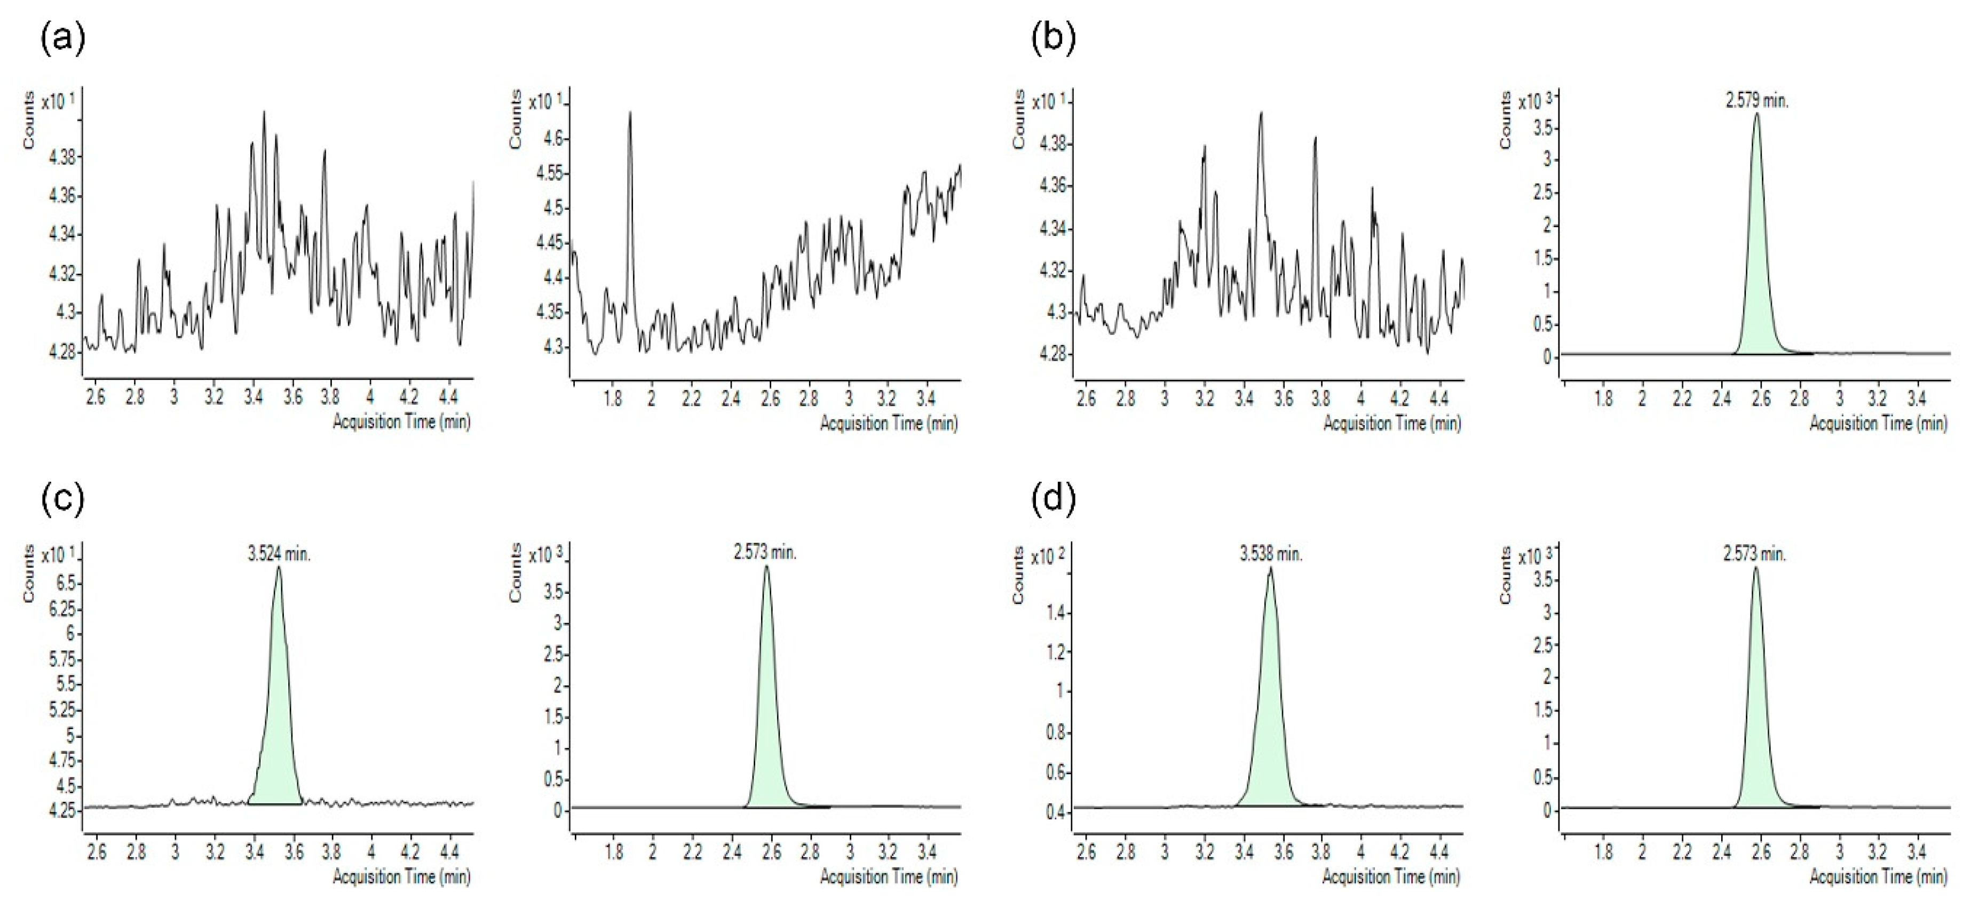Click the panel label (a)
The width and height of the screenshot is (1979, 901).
(x=62, y=38)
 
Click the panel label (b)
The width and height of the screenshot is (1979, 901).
(x=1053, y=38)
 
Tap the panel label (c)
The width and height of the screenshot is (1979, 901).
(x=62, y=499)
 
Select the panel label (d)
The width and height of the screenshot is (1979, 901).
(x=1053, y=499)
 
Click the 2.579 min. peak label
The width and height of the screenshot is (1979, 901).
(x=1757, y=101)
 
